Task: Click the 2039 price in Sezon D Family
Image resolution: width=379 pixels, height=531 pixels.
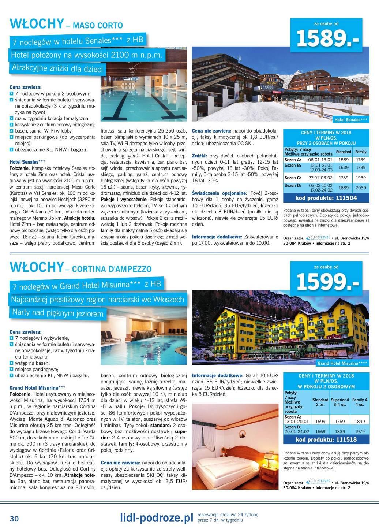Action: tap(360, 188)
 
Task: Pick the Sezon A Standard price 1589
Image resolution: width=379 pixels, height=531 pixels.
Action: tap(343, 160)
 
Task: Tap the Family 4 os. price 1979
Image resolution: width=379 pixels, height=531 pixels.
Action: tap(360, 431)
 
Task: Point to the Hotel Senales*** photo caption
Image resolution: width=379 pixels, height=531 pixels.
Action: tap(351, 120)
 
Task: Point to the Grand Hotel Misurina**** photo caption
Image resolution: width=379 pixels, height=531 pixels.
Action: tap(342, 363)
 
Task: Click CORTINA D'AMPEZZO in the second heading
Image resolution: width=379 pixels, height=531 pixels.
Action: tap(112, 269)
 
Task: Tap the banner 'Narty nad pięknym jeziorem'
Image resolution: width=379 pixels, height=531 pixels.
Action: tap(57, 313)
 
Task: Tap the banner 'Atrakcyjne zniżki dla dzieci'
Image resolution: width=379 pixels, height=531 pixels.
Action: tap(57, 68)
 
